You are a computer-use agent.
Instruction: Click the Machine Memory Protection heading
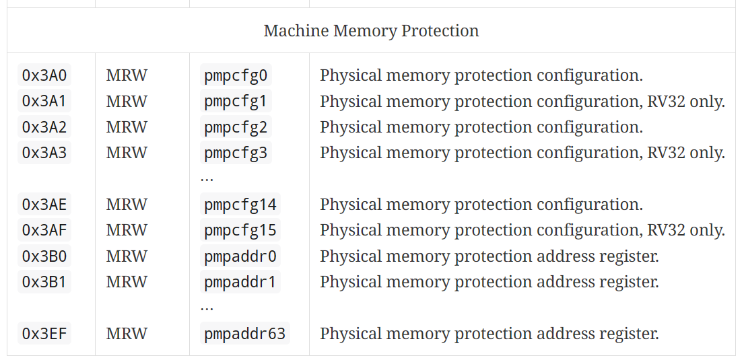(371, 31)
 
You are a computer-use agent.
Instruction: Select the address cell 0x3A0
(44, 75)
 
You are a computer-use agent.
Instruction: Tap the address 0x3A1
(44, 102)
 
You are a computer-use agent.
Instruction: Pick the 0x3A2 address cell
(44, 127)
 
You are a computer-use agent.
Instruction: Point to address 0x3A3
(44, 153)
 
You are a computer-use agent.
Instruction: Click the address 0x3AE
(44, 205)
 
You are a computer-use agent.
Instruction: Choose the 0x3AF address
(44, 230)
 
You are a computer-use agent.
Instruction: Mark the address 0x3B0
(44, 256)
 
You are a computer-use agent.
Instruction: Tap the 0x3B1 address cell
(44, 282)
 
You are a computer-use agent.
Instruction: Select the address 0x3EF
(44, 334)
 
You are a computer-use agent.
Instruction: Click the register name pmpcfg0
(236, 75)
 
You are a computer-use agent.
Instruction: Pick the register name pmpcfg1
(236, 102)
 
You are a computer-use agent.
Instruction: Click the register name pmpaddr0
(240, 256)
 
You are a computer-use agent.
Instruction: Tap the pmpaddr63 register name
(245, 334)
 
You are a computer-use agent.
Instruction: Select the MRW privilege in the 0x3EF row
(127, 334)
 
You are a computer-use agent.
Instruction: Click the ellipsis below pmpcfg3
(207, 178)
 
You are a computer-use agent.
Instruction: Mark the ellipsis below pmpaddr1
(207, 308)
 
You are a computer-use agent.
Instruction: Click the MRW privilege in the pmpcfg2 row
(127, 127)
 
